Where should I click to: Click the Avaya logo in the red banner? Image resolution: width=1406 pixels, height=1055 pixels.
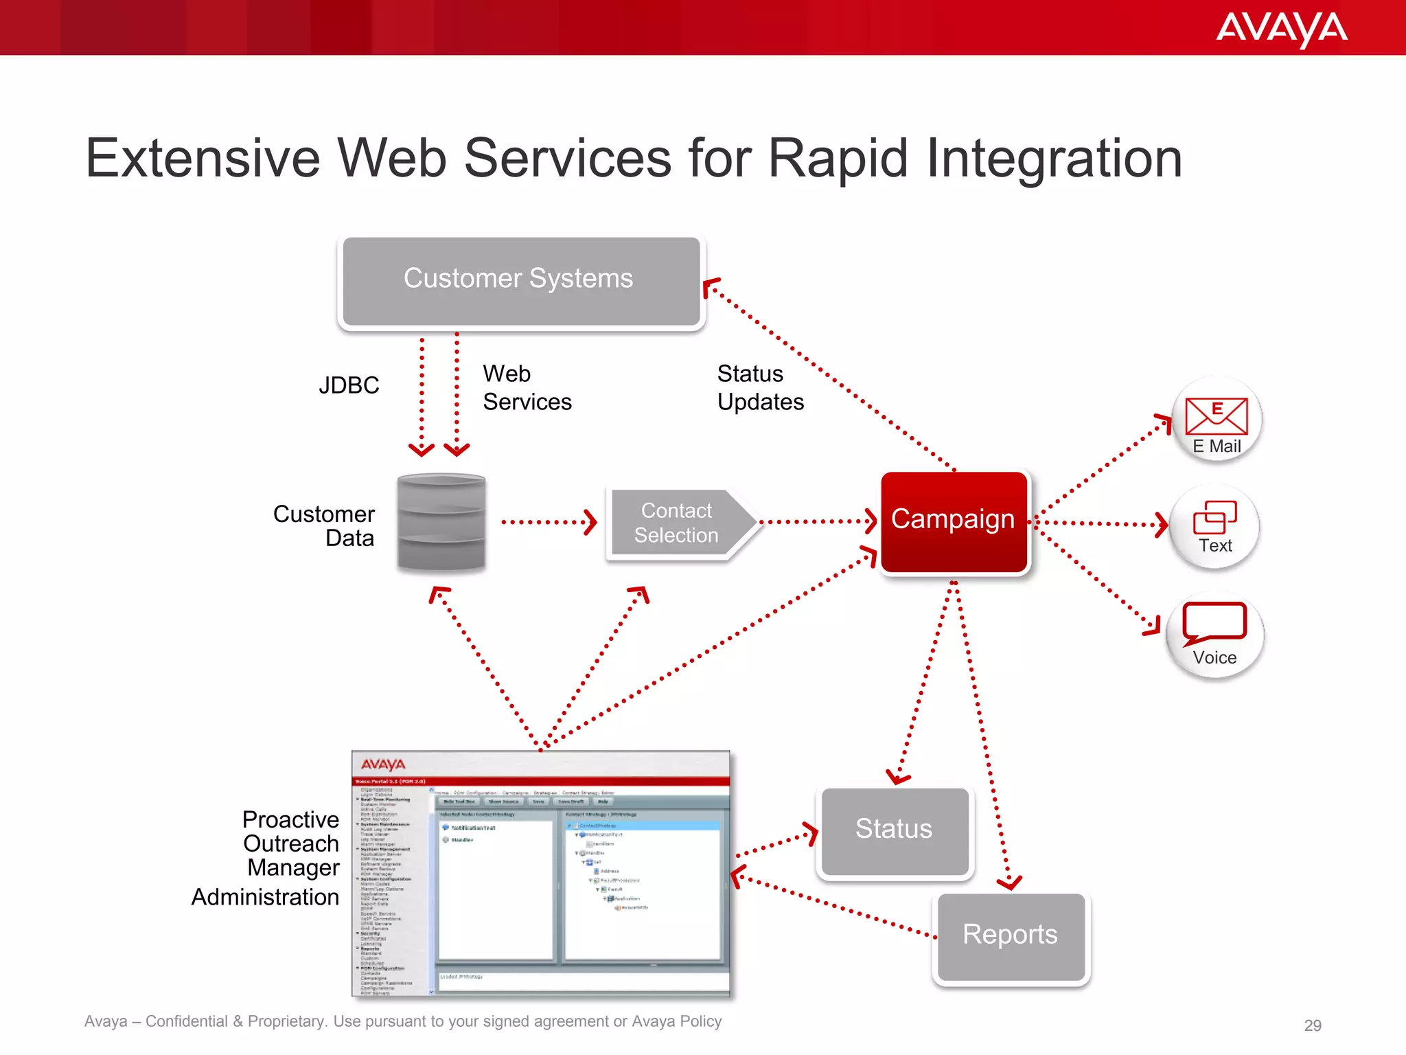pos(1281,29)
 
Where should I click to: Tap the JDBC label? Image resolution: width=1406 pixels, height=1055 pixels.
pos(349,385)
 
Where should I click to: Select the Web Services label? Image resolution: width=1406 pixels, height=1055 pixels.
pos(526,388)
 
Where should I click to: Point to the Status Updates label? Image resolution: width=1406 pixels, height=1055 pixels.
pos(760,388)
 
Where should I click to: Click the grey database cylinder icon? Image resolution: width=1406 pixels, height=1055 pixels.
pos(441,522)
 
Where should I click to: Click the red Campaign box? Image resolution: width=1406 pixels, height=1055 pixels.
pos(954,521)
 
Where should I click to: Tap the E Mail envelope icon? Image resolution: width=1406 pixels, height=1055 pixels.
pos(1216,415)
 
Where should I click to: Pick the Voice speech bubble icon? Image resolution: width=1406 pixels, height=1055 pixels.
pos(1214,622)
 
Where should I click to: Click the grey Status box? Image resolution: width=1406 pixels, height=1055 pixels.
pos(894,830)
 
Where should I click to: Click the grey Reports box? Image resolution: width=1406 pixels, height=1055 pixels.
pos(1010,935)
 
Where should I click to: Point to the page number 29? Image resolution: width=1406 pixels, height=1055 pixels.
pos(1312,1025)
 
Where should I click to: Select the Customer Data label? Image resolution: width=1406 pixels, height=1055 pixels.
pos(325,526)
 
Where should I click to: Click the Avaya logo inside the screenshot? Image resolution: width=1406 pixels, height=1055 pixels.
pos(383,765)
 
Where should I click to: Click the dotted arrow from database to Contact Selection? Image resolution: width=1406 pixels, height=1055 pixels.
pos(549,522)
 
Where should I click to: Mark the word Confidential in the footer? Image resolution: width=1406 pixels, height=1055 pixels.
pos(186,1021)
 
